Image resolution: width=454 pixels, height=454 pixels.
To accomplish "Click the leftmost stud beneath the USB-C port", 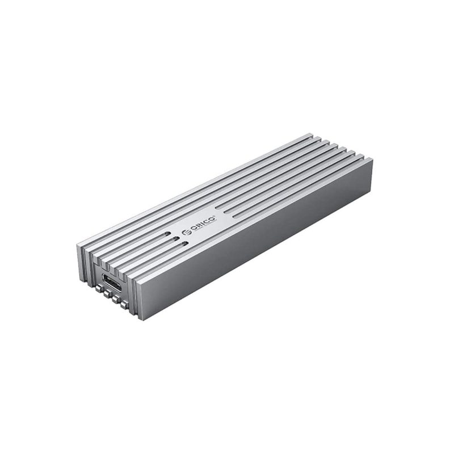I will (x=99, y=289).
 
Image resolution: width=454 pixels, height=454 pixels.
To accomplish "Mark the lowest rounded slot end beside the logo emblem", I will (x=185, y=244).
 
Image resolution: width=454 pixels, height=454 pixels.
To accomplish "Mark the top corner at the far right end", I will (x=372, y=160).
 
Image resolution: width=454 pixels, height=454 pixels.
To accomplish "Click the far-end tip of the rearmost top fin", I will (x=311, y=134).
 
